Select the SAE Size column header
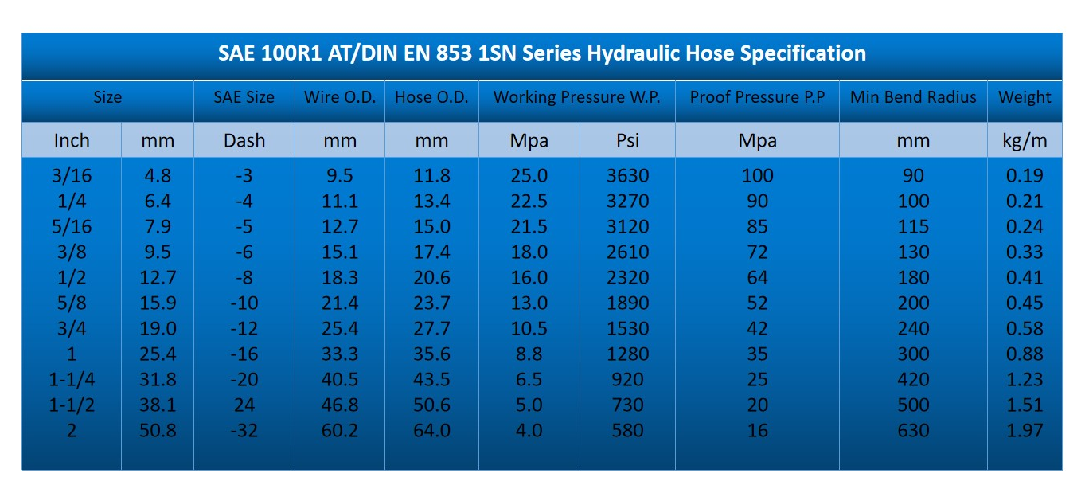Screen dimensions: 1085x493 point(244,97)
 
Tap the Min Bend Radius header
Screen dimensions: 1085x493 point(913,97)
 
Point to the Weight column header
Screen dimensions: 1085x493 point(1025,97)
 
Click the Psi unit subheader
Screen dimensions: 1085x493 point(628,141)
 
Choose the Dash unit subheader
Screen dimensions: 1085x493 point(244,141)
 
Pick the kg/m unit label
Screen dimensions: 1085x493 point(1025,141)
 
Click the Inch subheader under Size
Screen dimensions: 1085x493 point(72,141)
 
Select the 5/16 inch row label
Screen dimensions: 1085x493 point(72,226)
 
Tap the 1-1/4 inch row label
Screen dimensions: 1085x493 point(72,379)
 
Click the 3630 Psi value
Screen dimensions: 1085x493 point(628,175)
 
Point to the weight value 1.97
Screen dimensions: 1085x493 point(1025,430)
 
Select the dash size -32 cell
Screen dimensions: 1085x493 point(244,430)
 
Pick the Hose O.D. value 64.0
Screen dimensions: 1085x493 point(431,430)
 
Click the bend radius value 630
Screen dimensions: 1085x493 point(913,430)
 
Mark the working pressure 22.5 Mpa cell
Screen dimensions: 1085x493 point(529,202)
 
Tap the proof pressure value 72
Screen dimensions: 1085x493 point(758,252)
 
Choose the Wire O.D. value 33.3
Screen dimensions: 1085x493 point(340,354)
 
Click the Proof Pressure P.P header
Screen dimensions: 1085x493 point(757,97)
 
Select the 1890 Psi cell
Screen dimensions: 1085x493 point(628,303)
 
